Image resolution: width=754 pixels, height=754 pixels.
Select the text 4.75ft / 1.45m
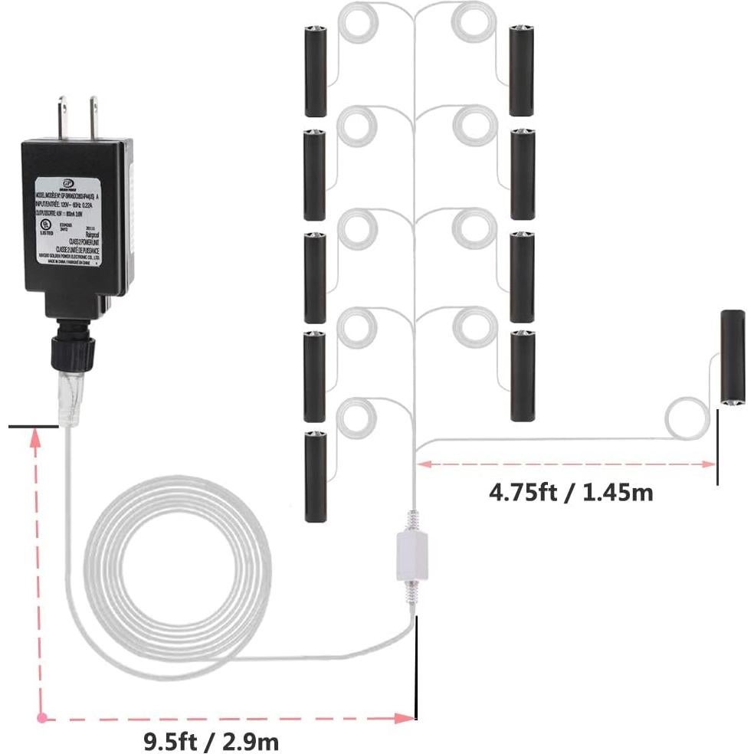(571, 491)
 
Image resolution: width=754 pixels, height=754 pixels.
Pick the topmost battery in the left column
(315, 70)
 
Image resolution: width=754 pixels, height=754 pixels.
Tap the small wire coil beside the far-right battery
(687, 418)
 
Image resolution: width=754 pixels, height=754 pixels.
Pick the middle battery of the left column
(315, 277)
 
